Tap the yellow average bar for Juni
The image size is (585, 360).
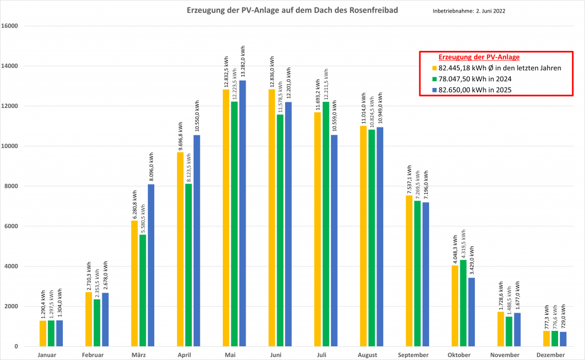(272, 218)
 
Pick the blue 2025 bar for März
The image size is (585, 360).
(151, 265)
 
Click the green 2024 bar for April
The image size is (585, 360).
(189, 265)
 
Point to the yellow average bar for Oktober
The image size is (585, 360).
(455, 306)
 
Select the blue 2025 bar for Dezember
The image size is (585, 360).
(563, 339)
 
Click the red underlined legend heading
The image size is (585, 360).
(479, 57)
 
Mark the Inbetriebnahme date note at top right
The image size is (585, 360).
(469, 11)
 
